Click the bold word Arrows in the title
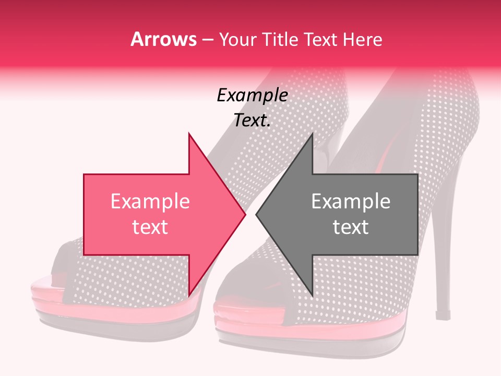pyautogui.click(x=163, y=40)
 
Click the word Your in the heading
pyautogui.click(x=236, y=40)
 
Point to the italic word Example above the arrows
pyautogui.click(x=253, y=96)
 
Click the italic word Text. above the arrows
pyautogui.click(x=252, y=120)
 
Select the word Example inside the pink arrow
pyautogui.click(x=150, y=202)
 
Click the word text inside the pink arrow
pyautogui.click(x=150, y=227)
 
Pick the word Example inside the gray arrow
pyautogui.click(x=351, y=202)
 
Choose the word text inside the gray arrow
pyautogui.click(x=351, y=227)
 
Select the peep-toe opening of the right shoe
pyautogui.click(x=245, y=292)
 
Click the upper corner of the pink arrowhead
pyautogui.click(x=189, y=133)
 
